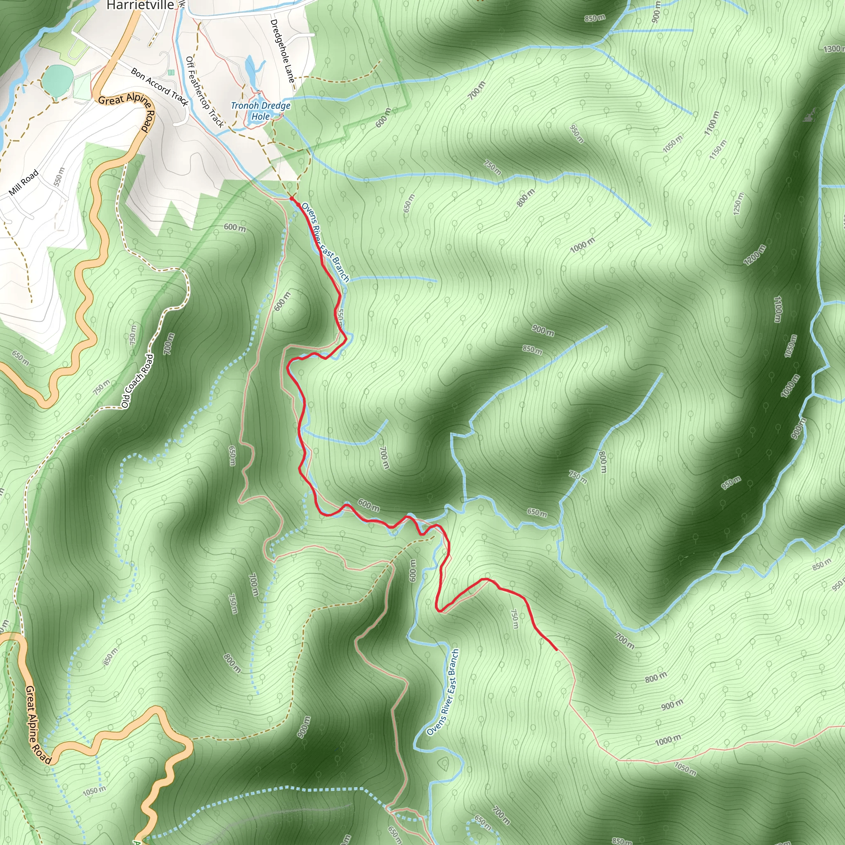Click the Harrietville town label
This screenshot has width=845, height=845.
coord(140,5)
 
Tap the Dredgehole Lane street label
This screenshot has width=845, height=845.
coord(282,51)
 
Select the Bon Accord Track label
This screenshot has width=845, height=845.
coord(159,87)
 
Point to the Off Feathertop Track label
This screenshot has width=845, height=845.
coord(204,92)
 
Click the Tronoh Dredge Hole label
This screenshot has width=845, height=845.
coord(261,111)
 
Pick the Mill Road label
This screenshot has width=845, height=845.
coord(24,183)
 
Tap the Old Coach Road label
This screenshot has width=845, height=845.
coord(138,381)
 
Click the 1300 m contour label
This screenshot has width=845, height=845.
coord(833,49)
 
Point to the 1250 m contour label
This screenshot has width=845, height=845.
coord(738,204)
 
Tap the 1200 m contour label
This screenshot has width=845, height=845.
coord(755,255)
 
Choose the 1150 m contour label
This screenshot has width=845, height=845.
coord(718,149)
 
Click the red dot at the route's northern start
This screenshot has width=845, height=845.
coord(292,199)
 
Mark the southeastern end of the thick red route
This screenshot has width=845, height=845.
coord(556,650)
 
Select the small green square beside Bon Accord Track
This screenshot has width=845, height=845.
coord(170,72)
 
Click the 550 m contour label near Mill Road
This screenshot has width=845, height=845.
coord(59,177)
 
